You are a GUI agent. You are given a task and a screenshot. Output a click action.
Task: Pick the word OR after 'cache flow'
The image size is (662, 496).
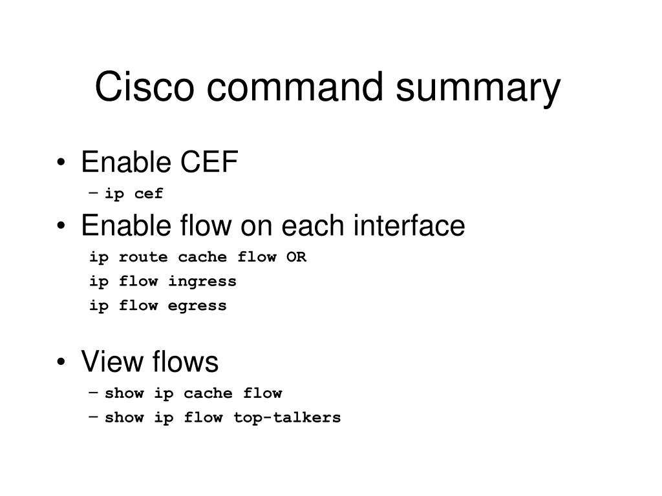[297, 257]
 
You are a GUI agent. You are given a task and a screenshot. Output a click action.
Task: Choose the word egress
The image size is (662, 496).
[197, 306]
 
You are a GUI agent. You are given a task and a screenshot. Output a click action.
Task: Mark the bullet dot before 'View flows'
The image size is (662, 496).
[61, 363]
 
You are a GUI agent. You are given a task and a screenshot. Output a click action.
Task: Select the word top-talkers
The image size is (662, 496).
[286, 418]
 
